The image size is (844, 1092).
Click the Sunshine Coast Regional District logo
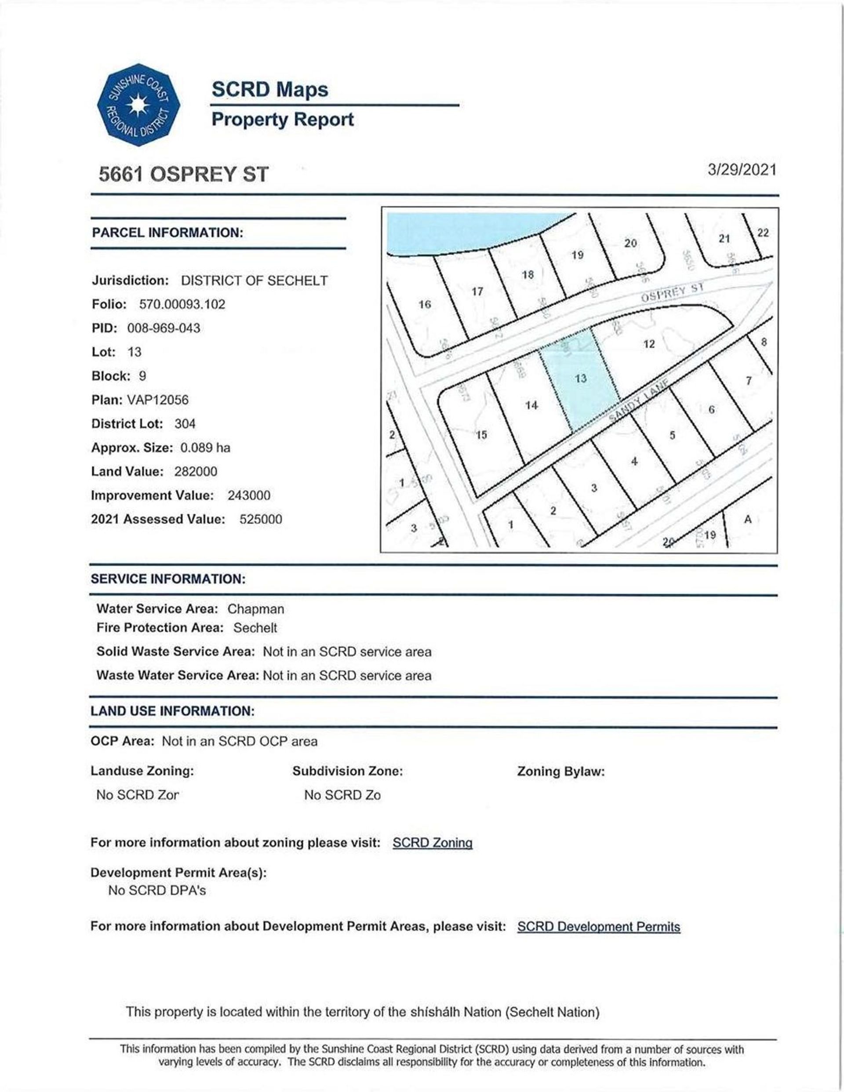coord(138,105)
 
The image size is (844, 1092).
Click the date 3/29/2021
coord(742,170)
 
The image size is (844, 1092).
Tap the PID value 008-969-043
coord(164,328)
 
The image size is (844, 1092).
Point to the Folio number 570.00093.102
coord(182,304)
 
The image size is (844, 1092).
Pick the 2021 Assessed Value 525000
coord(261,520)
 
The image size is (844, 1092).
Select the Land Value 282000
coord(196,472)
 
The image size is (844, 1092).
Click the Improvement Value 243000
coord(248,495)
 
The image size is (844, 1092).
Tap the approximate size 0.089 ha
coord(205,448)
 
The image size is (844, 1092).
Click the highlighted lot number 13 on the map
coord(581,379)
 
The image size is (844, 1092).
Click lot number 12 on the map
coord(649,344)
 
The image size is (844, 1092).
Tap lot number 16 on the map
coord(425,305)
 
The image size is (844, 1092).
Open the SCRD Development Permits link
coord(599,927)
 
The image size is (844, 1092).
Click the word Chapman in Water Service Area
coord(255,609)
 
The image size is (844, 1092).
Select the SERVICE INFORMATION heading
coord(168,579)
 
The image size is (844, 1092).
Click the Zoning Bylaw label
coord(560,771)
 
